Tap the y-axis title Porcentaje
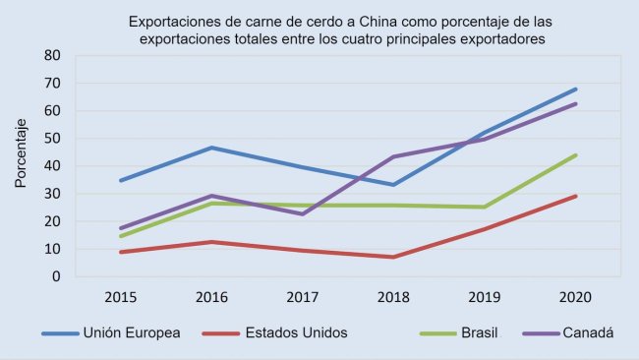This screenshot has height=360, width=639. pyautogui.click(x=21, y=152)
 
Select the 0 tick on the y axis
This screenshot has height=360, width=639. pyautogui.click(x=58, y=277)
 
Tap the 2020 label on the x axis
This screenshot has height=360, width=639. pyautogui.click(x=575, y=296)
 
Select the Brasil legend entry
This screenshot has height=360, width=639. pyautogui.click(x=482, y=333)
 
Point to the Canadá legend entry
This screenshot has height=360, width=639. pyautogui.click(x=588, y=333)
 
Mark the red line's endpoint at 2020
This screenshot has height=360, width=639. pyautogui.click(x=575, y=196)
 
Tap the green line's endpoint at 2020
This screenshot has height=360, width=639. pyautogui.click(x=575, y=155)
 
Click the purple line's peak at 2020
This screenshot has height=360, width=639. pyautogui.click(x=575, y=103)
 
